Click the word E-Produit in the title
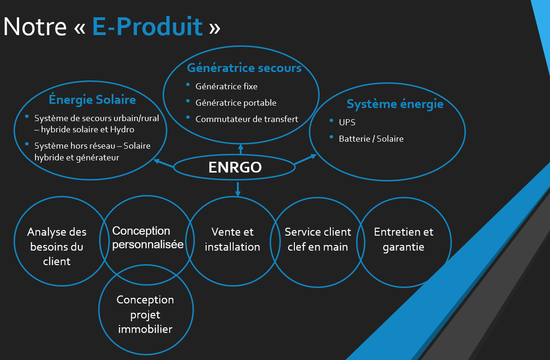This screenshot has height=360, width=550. (x=147, y=26)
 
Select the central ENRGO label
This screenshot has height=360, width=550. (x=235, y=167)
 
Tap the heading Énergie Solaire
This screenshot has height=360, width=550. (x=92, y=100)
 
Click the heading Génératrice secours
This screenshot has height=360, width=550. (x=244, y=68)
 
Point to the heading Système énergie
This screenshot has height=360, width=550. (x=395, y=104)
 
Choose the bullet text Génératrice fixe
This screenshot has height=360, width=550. (x=226, y=86)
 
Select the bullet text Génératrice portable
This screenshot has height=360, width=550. (x=236, y=103)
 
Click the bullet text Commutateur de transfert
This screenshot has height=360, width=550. (x=247, y=119)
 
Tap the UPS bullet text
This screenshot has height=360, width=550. (x=347, y=122)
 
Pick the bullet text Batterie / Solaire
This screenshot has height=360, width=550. (x=371, y=139)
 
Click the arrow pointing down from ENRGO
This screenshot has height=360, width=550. (x=238, y=189)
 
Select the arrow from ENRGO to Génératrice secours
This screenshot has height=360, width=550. (x=241, y=149)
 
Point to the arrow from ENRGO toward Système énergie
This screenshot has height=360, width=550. (x=305, y=159)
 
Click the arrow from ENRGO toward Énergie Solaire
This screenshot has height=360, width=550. (x=164, y=163)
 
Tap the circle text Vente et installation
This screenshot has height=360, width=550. (x=232, y=239)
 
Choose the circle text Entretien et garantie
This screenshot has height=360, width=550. (x=403, y=239)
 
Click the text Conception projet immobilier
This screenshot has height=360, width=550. (x=145, y=314)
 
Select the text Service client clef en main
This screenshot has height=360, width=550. (x=318, y=239)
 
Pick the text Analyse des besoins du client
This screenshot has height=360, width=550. (x=57, y=247)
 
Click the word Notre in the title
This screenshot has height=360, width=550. (x=35, y=27)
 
